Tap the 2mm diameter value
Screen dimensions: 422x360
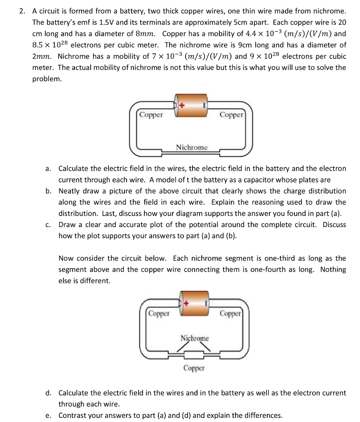tap(42, 56)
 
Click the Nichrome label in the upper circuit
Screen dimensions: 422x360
tap(192, 147)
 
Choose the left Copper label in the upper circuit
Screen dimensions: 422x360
tap(151, 115)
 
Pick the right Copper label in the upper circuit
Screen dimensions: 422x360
tap(231, 115)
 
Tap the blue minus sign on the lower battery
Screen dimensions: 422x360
tap(205, 305)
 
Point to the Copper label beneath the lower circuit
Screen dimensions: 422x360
tap(194, 367)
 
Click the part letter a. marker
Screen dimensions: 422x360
tap(48, 169)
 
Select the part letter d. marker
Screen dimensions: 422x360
tap(48, 393)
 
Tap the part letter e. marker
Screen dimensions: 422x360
tap(48, 415)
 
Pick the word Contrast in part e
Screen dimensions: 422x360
tap(73, 415)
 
